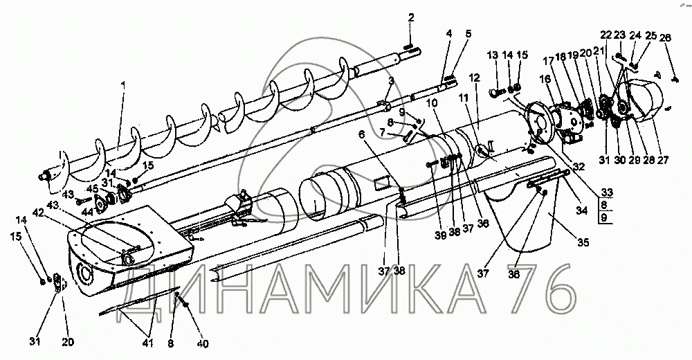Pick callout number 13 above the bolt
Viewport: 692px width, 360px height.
pos(493,55)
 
